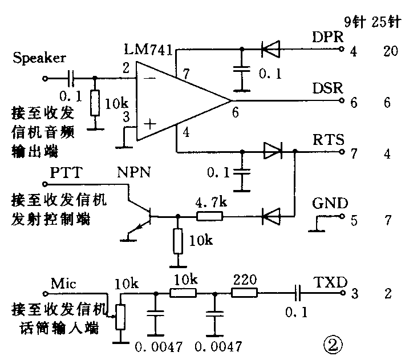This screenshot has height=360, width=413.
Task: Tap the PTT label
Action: pos(65,172)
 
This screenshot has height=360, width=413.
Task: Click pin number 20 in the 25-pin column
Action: pos(391,52)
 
